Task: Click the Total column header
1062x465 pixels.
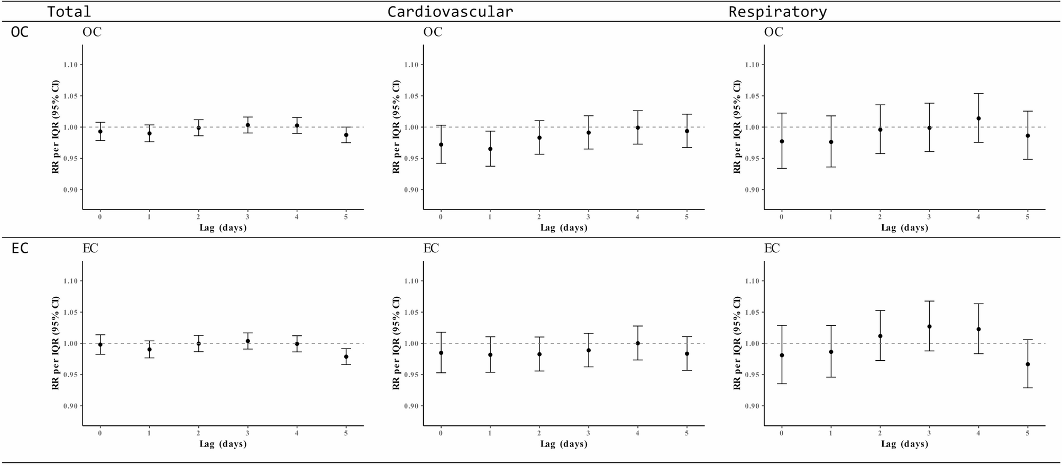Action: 69,12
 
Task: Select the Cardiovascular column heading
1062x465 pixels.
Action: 450,12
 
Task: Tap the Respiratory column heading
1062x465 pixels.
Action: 777,12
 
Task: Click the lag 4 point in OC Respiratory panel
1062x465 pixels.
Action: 978,118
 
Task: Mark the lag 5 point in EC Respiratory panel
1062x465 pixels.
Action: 1028,364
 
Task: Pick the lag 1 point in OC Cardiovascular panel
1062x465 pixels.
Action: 490,149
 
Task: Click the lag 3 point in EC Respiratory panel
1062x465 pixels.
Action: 929,326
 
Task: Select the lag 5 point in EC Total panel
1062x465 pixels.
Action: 346,357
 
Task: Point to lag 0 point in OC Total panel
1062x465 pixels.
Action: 100,132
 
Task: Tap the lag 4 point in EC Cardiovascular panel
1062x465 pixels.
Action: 638,343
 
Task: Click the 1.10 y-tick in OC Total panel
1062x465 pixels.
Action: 70,65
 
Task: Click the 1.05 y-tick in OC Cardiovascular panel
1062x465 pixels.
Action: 411,96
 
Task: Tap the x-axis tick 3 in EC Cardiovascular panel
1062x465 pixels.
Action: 589,433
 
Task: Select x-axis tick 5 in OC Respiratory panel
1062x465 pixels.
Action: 1028,217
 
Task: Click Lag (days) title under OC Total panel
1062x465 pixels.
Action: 223,228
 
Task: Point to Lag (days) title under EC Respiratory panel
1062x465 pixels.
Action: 904,444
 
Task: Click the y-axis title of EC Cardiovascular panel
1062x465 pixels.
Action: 396,343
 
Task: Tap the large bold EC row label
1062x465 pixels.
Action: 20,249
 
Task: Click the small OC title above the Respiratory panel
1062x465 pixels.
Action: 773,32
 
